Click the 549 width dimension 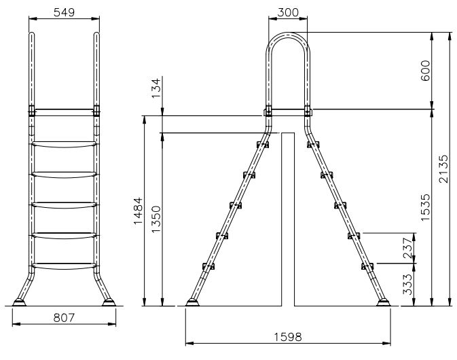(x=64, y=12)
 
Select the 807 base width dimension (x=64, y=318)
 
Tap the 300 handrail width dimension (x=288, y=12)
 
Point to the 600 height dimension (x=425, y=71)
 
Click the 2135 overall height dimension (x=443, y=168)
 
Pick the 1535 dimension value (x=425, y=207)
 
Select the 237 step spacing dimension (x=408, y=248)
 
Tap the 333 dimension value (x=408, y=285)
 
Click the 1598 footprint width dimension (x=288, y=337)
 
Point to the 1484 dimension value (x=138, y=211)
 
